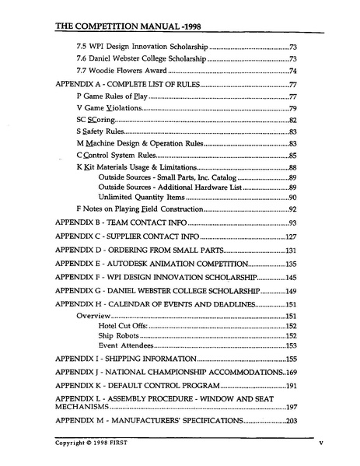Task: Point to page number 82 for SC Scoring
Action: coord(292,120)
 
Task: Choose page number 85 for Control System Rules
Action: coord(292,156)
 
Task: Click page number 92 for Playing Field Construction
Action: coord(292,210)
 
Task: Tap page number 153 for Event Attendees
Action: coord(291,345)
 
